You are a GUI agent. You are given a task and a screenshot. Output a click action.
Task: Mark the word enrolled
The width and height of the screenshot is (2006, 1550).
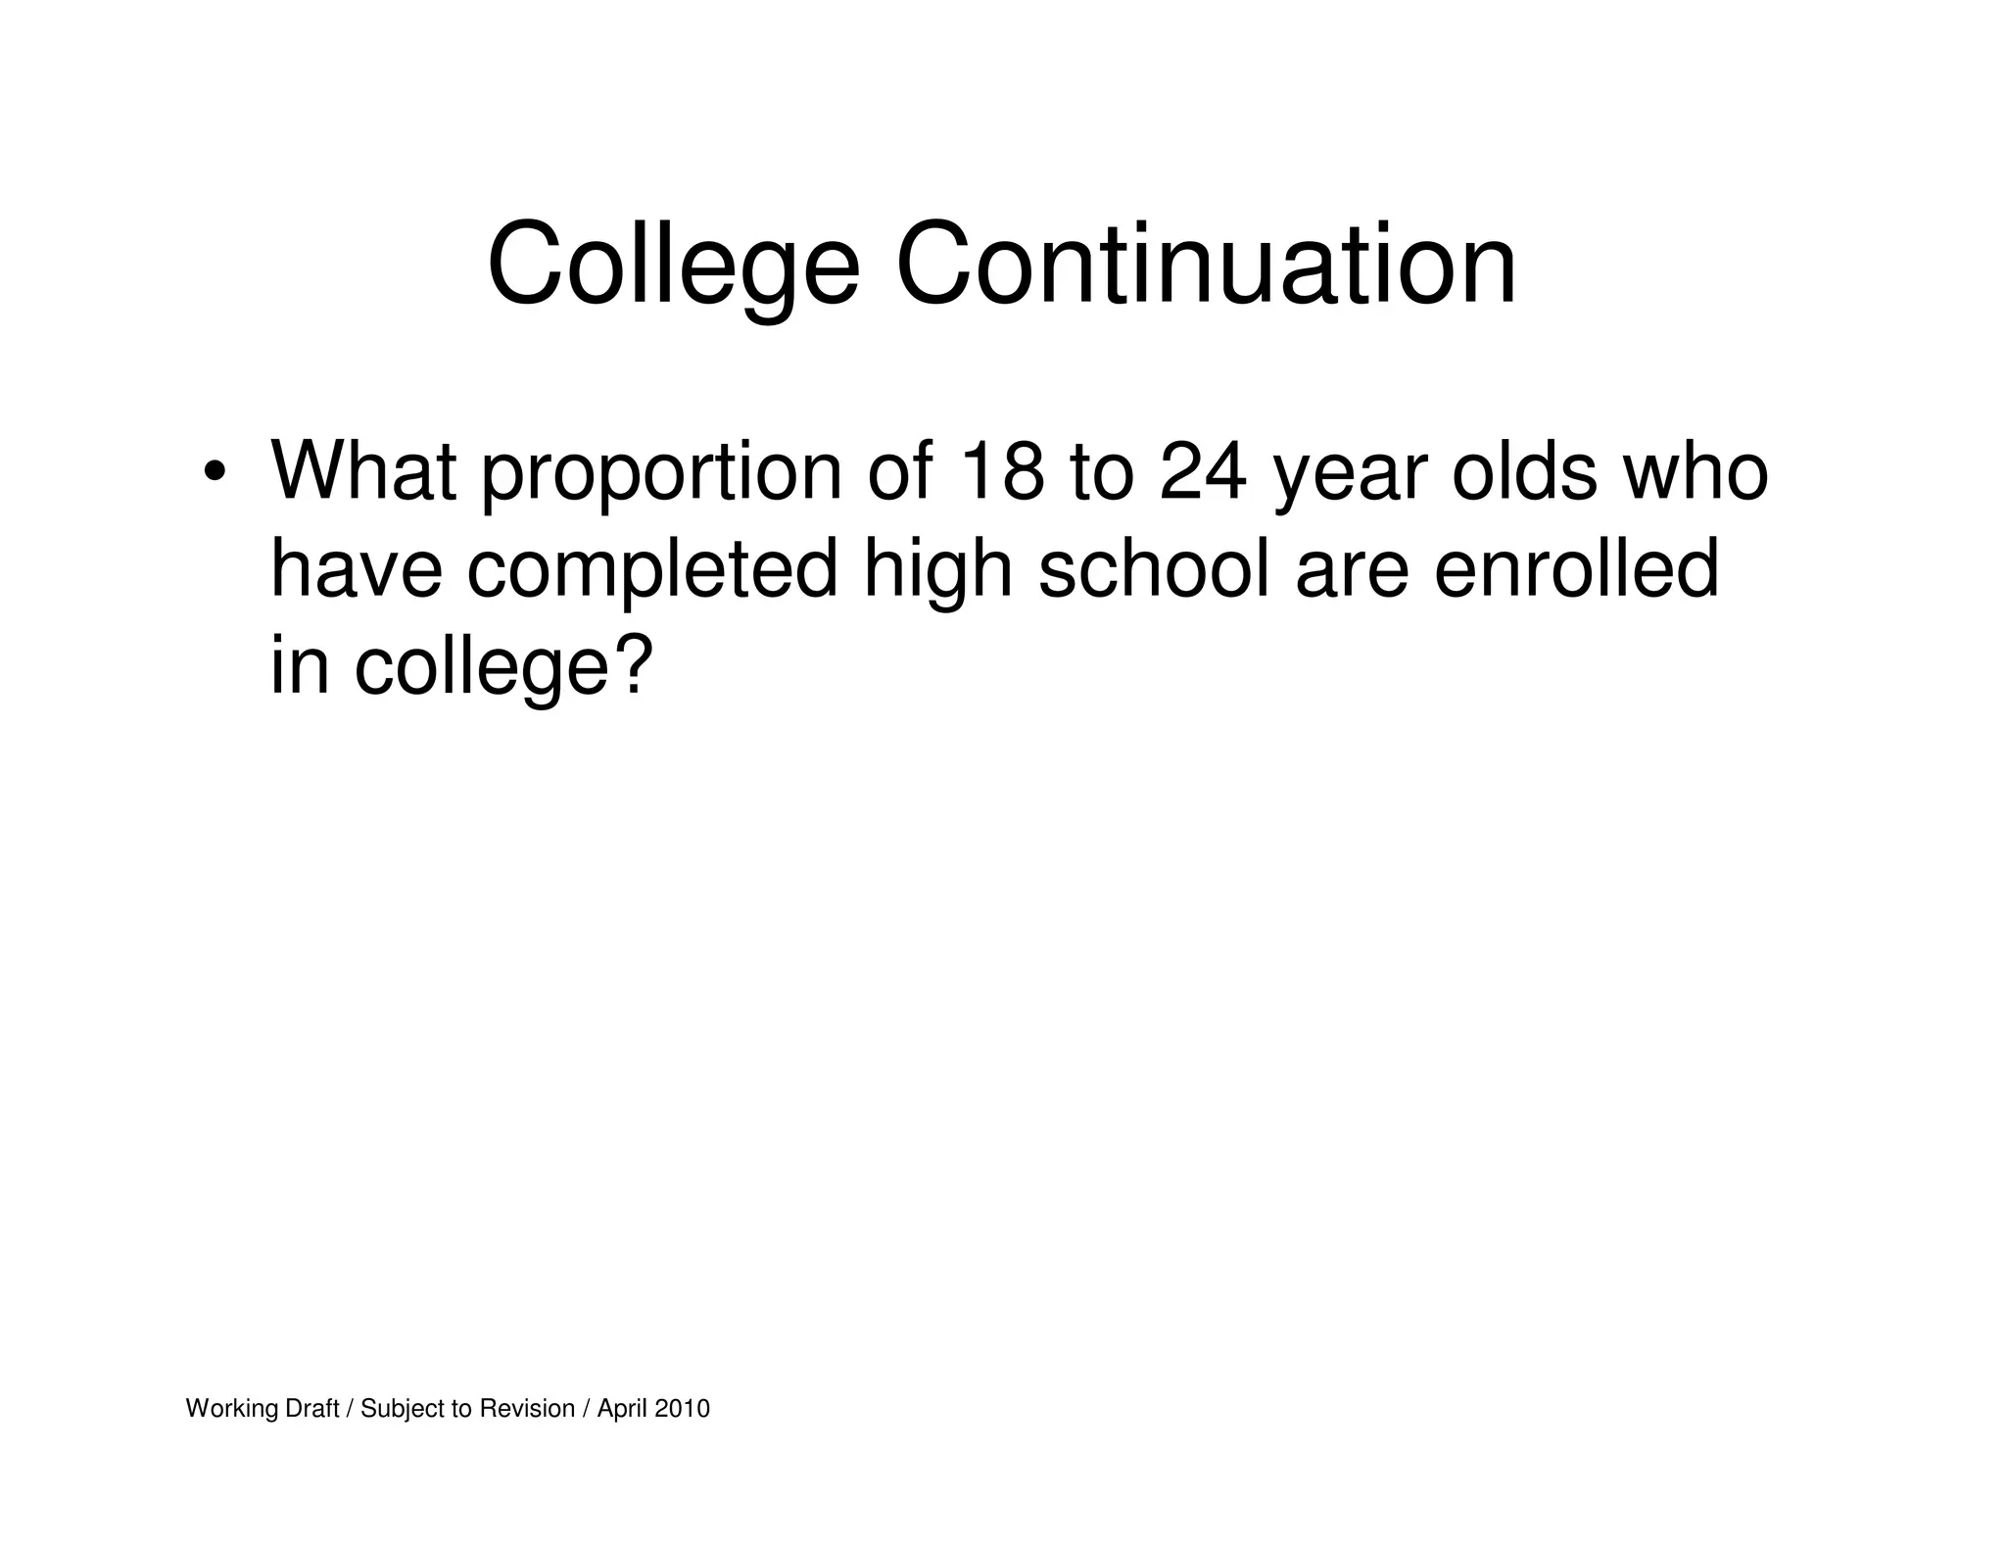pos(1576,569)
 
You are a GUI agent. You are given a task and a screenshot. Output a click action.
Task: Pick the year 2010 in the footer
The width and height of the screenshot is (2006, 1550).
pos(682,1409)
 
